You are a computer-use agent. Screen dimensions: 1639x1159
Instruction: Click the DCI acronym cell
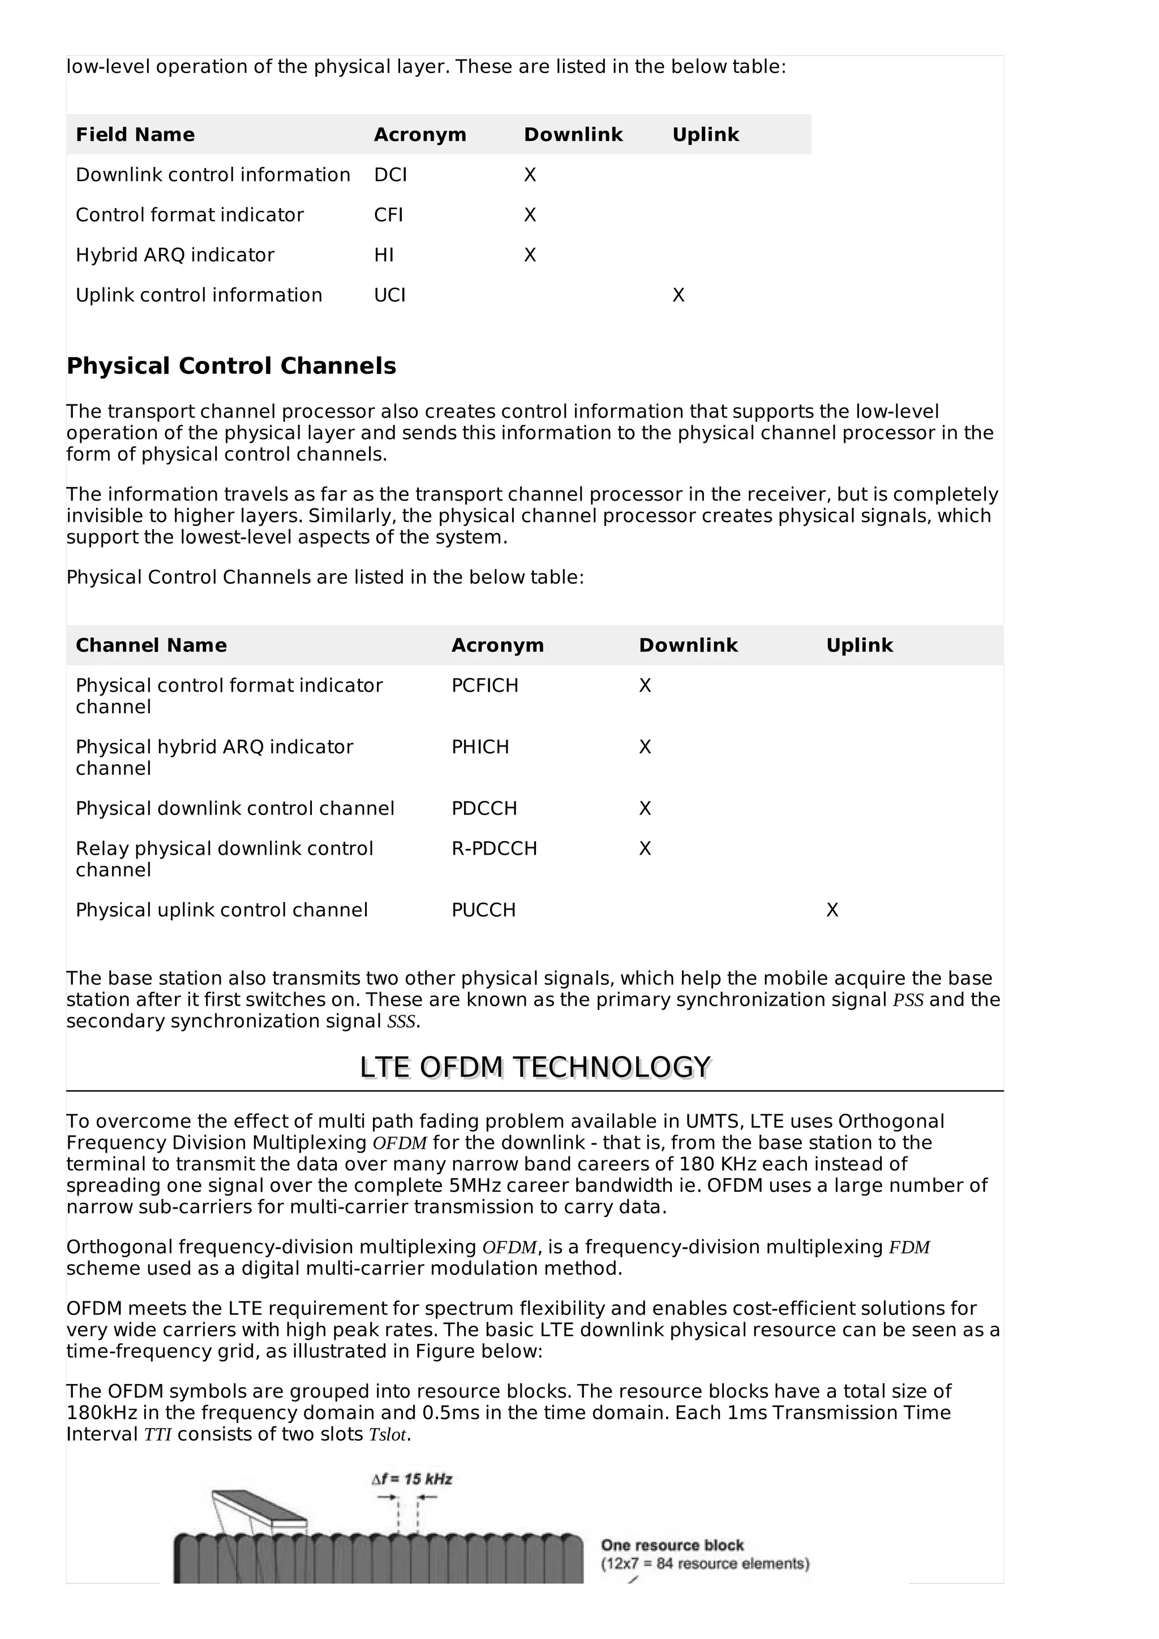(390, 175)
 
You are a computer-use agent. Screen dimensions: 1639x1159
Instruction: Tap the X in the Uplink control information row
(678, 296)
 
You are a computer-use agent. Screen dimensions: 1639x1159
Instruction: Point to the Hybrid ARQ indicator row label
(175, 255)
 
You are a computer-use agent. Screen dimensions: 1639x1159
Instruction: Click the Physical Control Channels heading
(231, 366)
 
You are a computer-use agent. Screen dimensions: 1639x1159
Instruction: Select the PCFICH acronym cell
(484, 685)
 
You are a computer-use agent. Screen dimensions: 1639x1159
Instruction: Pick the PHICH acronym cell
(480, 747)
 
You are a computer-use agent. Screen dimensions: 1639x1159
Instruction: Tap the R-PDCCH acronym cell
(493, 848)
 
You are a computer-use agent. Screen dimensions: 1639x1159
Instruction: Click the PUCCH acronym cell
(483, 909)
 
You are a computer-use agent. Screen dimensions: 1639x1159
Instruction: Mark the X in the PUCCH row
(832, 910)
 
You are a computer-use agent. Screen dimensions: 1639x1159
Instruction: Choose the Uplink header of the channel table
(859, 645)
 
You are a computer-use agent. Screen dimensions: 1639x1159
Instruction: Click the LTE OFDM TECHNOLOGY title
(535, 1067)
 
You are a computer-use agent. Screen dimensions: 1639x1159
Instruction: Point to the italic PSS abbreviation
(908, 1000)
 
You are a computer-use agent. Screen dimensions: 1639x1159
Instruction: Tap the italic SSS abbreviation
(401, 1021)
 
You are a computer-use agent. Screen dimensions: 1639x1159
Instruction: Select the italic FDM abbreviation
(908, 1247)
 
